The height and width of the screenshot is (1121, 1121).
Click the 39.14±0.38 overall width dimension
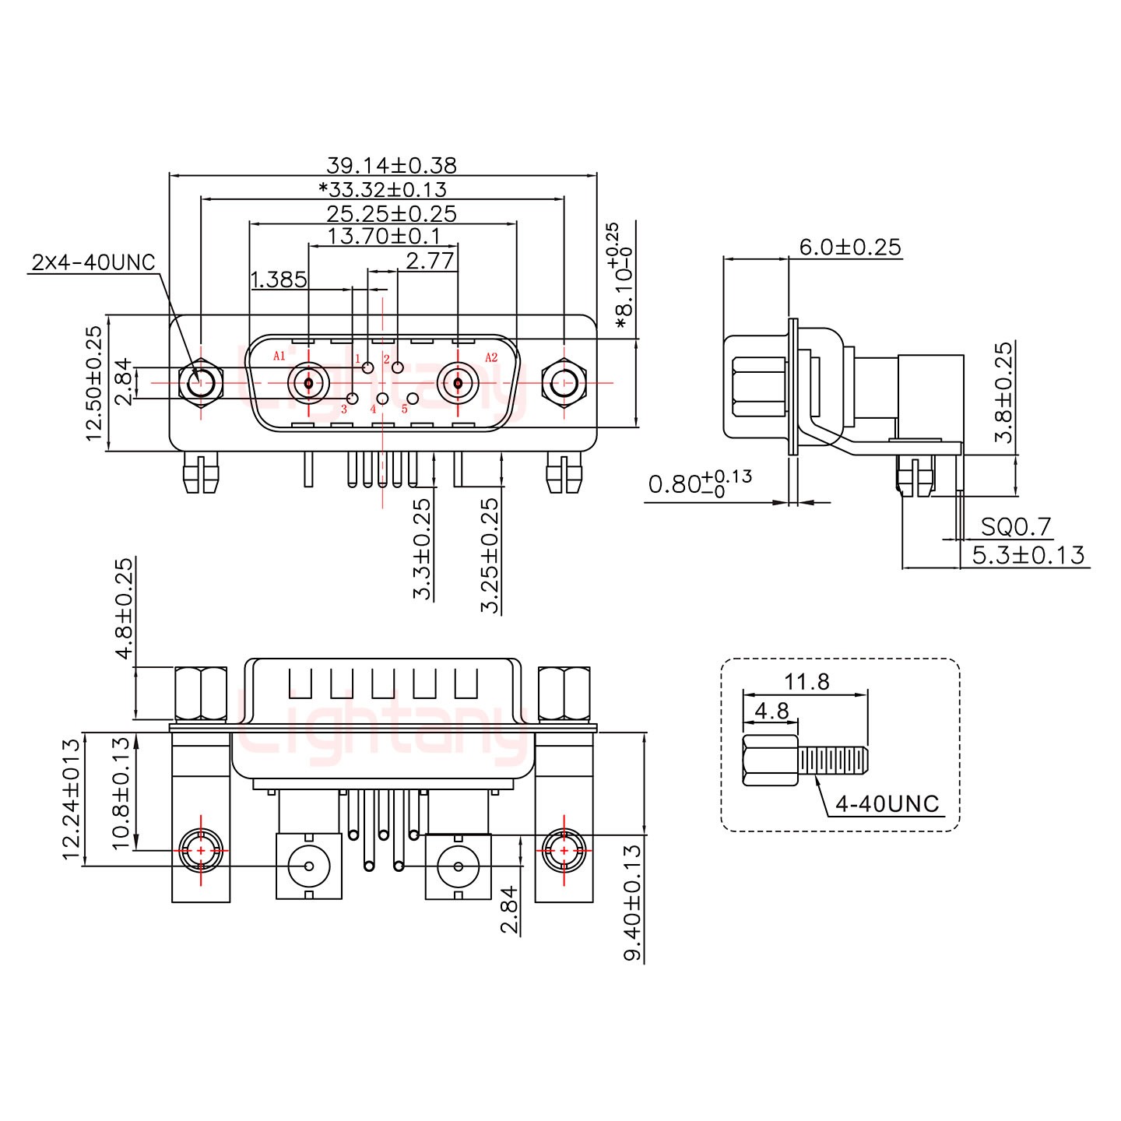pyautogui.click(x=391, y=165)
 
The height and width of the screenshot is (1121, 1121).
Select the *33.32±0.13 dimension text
pyautogui.click(x=382, y=189)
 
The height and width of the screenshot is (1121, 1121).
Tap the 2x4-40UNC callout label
pyautogui.click(x=93, y=262)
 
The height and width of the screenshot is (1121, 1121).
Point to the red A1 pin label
pyautogui.click(x=279, y=357)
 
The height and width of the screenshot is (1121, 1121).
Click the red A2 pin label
pyautogui.click(x=491, y=357)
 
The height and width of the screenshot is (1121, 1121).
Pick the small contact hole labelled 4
pyautogui.click(x=382, y=399)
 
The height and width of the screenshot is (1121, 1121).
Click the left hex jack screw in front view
pyautogui.click(x=201, y=383)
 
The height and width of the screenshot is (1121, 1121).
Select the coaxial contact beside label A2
pyautogui.click(x=458, y=383)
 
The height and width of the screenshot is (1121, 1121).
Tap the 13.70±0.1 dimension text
pyautogui.click(x=385, y=236)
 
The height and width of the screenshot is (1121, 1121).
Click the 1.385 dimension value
pyautogui.click(x=278, y=279)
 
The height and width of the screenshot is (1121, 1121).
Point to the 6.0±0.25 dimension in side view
pyautogui.click(x=849, y=248)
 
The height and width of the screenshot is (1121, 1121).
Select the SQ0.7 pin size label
pyautogui.click(x=1016, y=528)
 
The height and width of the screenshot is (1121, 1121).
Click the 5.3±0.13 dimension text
pyautogui.click(x=1028, y=555)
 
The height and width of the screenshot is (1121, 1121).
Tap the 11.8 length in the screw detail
pyautogui.click(x=806, y=682)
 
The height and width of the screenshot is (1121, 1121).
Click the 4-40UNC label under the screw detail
pyautogui.click(x=887, y=803)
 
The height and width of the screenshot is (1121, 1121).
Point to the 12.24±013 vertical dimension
pyautogui.click(x=72, y=799)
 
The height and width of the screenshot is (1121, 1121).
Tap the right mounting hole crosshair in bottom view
pyautogui.click(x=563, y=850)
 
